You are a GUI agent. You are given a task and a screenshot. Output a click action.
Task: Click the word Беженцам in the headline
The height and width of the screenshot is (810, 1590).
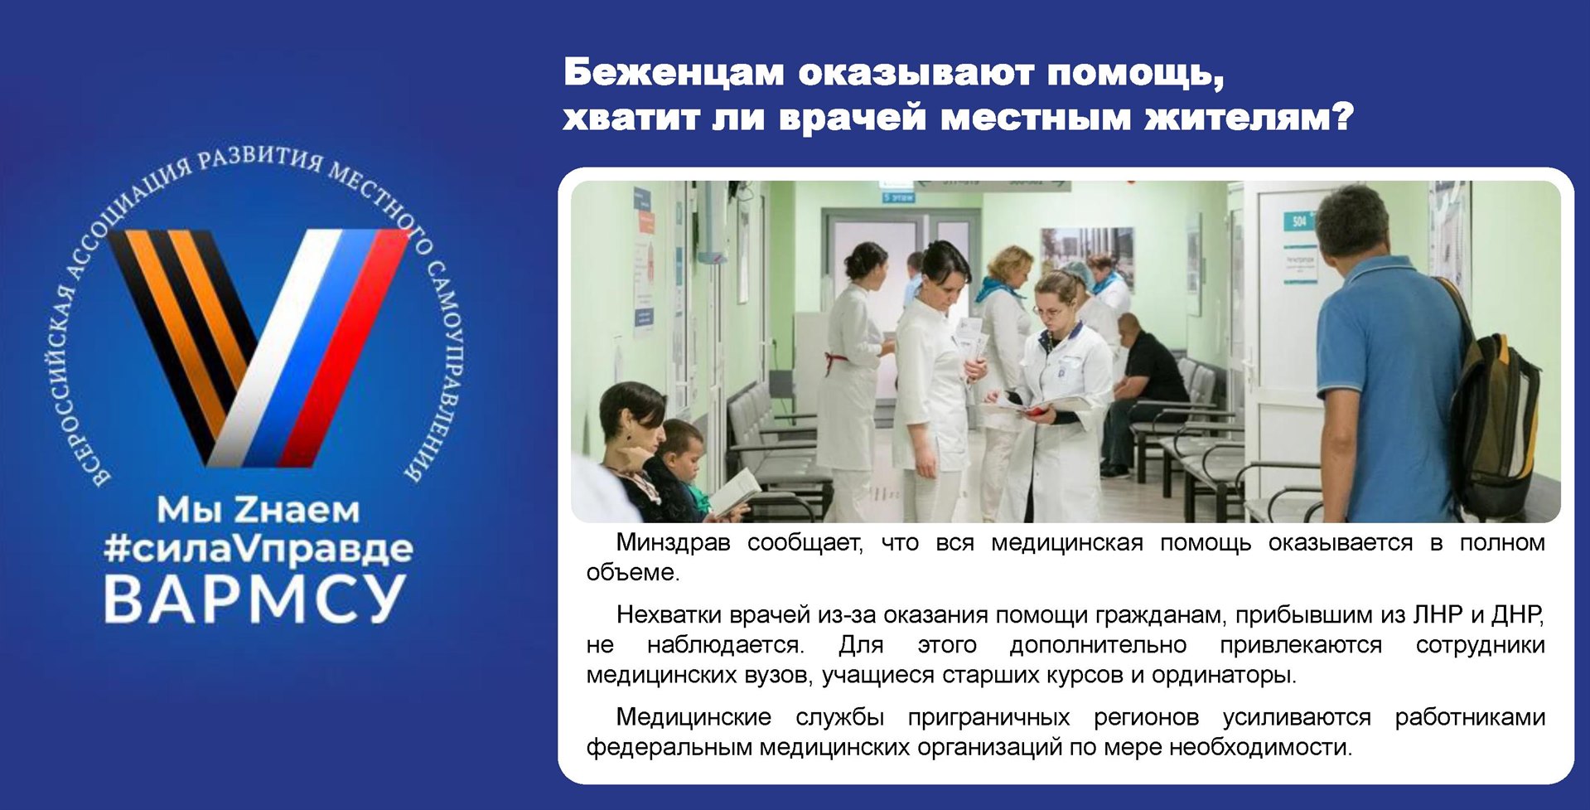pos(674,74)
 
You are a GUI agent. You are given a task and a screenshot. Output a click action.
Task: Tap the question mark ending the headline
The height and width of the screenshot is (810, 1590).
pos(1341,117)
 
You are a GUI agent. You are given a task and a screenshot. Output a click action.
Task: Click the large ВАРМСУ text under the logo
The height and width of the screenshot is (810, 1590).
pos(255,599)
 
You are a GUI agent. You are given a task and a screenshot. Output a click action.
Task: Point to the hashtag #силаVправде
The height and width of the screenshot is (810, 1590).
pos(258,549)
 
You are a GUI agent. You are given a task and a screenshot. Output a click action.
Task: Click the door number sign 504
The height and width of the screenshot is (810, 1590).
pos(1299,221)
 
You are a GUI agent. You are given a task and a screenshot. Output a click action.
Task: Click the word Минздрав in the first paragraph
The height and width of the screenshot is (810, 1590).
pos(674,542)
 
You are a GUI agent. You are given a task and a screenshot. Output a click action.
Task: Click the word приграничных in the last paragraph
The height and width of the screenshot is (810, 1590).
pos(988,717)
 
